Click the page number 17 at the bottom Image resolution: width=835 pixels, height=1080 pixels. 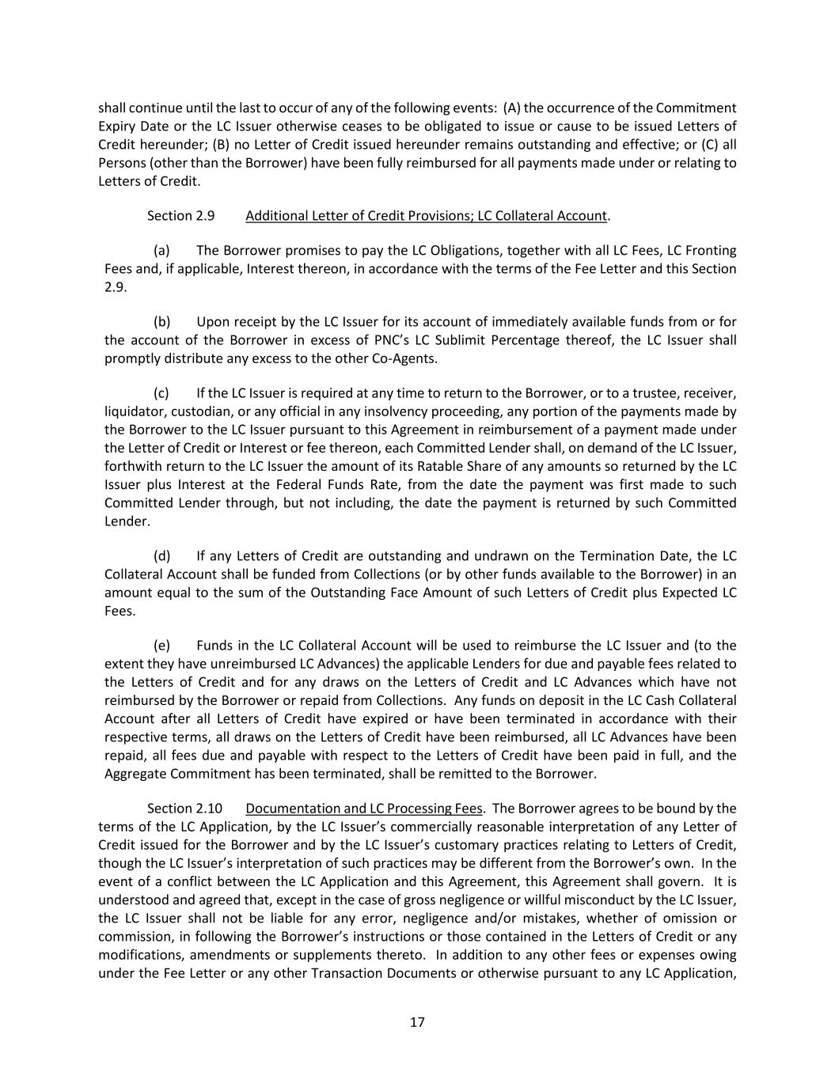pos(417,1021)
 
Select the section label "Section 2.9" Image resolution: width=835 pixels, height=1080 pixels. pos(180,216)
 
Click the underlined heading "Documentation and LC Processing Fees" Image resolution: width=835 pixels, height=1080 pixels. pos(363,809)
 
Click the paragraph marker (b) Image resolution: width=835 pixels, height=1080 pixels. pos(161,322)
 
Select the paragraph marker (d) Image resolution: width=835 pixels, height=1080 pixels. pos(161,556)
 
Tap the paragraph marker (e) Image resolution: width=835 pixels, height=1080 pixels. pos(161,646)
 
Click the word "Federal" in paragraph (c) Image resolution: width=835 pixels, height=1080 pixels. pos(280,485)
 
